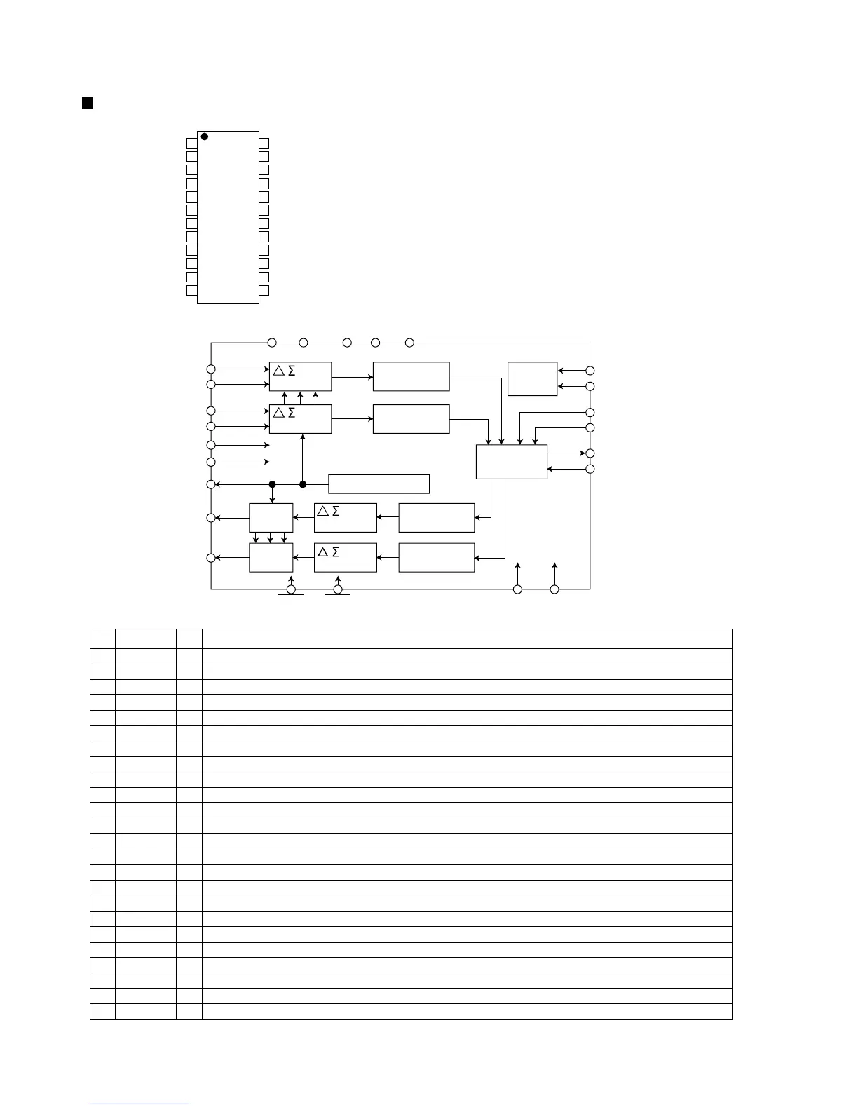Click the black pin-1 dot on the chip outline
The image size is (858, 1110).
(x=205, y=137)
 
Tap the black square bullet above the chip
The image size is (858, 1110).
(x=88, y=104)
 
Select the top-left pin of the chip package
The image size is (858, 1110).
(x=192, y=143)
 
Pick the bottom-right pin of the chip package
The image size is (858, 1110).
(x=264, y=290)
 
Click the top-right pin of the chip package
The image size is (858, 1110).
(x=264, y=143)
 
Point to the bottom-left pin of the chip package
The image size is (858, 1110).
(x=192, y=290)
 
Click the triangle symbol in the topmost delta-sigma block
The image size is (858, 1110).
(x=279, y=371)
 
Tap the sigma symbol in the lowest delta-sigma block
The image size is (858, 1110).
(x=336, y=552)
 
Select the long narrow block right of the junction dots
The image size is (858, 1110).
(x=379, y=484)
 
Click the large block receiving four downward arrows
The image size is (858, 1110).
(x=511, y=462)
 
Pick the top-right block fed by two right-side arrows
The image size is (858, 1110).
(x=532, y=378)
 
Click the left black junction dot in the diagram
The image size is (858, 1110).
(x=273, y=484)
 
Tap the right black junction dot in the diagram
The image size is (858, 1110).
(x=303, y=484)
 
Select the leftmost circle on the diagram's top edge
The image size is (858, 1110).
(x=272, y=343)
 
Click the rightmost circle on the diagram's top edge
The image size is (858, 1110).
(x=410, y=343)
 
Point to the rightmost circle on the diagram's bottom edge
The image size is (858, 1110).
(x=554, y=589)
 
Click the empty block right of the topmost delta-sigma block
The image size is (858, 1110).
(x=411, y=376)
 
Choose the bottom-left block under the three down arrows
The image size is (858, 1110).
(x=271, y=558)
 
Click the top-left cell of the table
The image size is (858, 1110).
(x=102, y=638)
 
